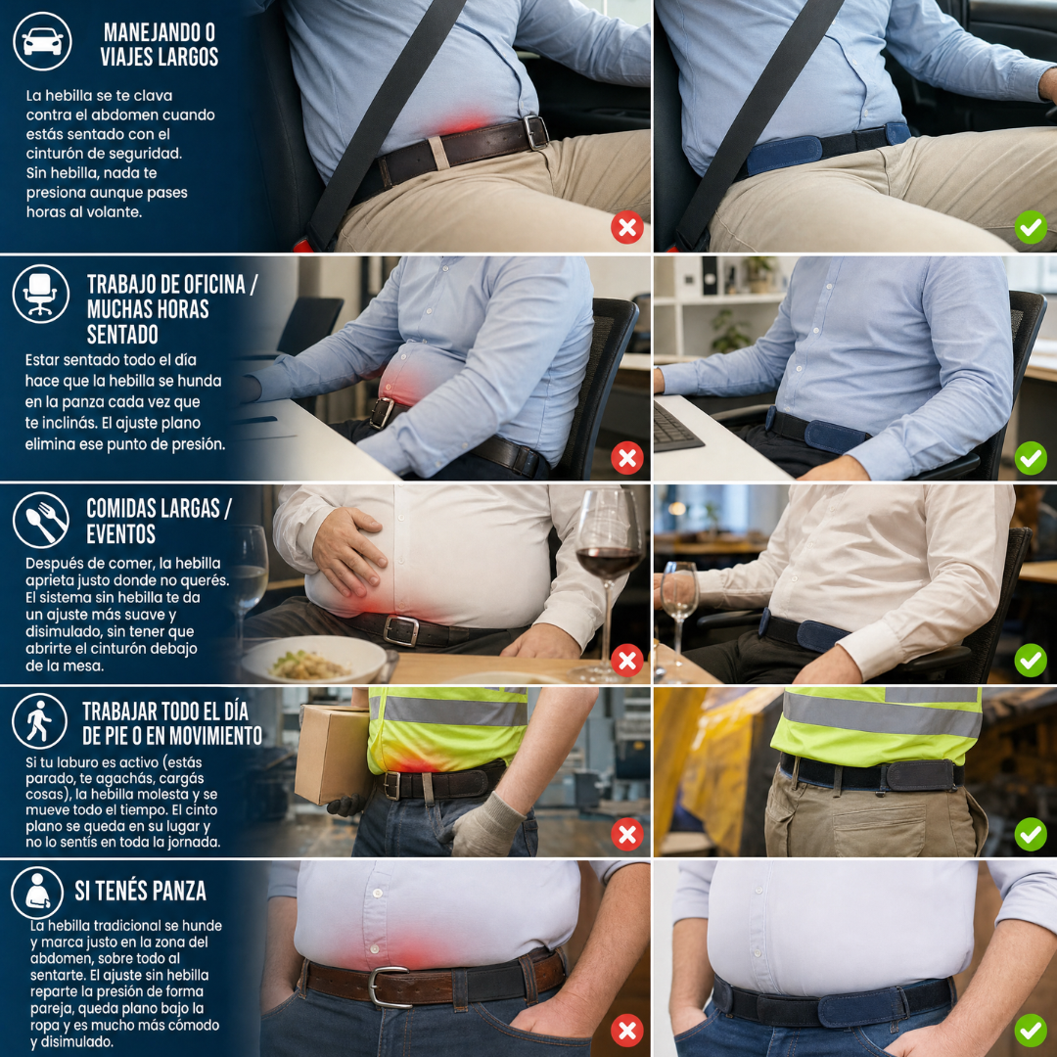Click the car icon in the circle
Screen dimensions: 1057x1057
[42, 41]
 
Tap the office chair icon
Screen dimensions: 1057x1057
[40, 294]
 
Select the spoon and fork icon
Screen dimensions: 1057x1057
[41, 521]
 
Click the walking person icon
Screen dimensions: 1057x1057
[40, 721]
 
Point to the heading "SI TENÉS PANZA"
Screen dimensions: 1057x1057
[140, 892]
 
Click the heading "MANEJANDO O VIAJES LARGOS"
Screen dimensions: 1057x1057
[160, 44]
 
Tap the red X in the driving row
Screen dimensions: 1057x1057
[627, 228]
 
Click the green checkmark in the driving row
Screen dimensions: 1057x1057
[1031, 227]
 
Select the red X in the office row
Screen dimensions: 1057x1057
[627, 458]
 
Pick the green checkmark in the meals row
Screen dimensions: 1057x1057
[1031, 660]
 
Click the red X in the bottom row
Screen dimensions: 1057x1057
[627, 1031]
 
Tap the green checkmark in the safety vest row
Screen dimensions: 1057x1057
[1031, 835]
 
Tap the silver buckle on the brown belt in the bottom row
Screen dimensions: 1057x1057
[389, 987]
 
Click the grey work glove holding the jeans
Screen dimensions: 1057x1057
[482, 825]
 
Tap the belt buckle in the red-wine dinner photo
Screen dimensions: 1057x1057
[400, 631]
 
